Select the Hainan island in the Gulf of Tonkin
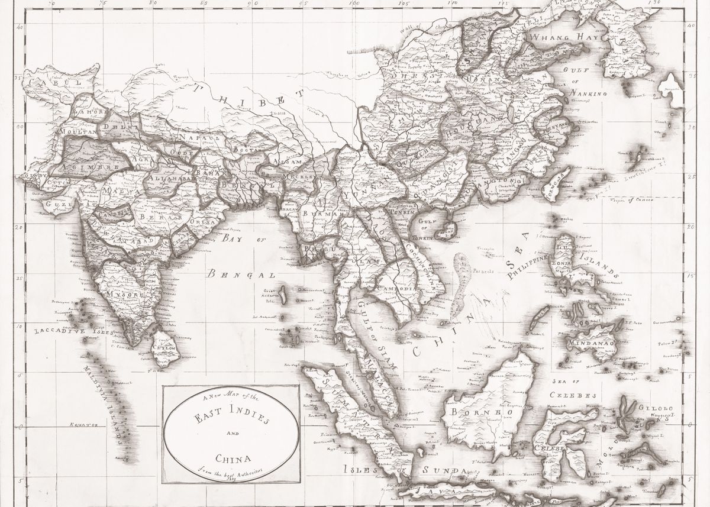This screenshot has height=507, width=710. (x=448, y=228)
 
